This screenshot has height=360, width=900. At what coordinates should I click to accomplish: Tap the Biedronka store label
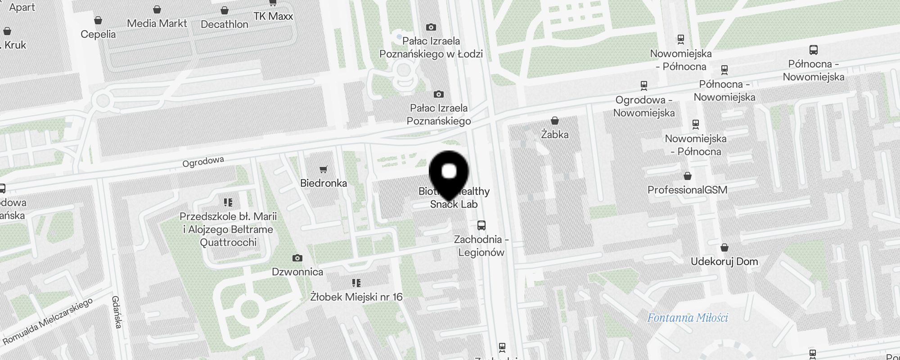324,183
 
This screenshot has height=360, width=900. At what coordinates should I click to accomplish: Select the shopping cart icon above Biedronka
324,170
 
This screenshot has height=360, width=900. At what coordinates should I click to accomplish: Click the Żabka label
554,135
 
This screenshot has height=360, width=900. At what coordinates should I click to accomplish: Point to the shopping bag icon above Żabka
555,121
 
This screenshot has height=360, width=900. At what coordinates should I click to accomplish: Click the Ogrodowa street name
203,162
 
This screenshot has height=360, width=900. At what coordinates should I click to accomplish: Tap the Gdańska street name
117,312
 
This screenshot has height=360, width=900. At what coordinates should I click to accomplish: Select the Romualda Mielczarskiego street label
48,321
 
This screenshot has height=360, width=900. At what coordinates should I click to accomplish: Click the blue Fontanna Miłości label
687,318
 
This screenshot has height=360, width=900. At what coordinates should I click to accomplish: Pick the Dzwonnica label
297,272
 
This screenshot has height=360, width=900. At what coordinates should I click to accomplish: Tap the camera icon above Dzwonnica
297,258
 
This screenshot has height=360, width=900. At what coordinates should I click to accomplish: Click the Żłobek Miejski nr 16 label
356,297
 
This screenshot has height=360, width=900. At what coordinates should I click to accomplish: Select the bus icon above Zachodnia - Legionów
481,225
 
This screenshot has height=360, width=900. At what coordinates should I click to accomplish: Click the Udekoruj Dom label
724,261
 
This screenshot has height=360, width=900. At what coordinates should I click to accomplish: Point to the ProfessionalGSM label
687,190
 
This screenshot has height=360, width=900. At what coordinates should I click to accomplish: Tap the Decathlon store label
225,24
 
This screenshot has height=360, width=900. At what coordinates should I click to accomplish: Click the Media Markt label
157,23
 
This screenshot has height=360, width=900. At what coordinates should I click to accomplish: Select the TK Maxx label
273,16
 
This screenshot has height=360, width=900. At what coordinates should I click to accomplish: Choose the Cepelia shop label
98,34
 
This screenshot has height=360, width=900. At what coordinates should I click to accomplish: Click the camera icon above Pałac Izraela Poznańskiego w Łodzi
431,27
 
